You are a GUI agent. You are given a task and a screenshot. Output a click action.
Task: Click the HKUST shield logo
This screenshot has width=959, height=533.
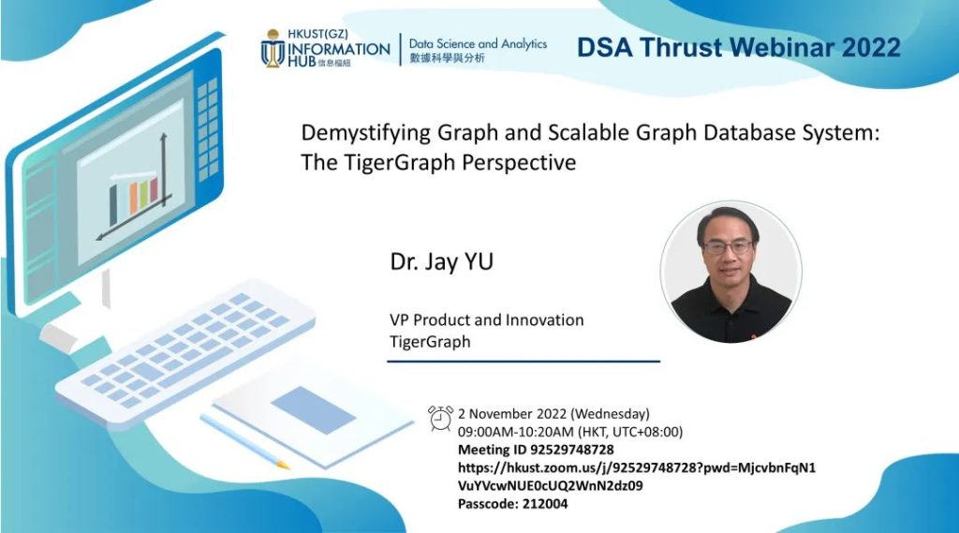[x=273, y=49]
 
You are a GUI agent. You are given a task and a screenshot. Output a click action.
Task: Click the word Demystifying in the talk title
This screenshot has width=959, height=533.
[x=365, y=133]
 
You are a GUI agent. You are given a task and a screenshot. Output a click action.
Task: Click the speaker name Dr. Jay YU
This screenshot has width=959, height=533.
[x=442, y=262]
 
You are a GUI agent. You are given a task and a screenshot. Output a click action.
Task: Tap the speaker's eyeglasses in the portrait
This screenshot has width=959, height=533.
[x=727, y=247]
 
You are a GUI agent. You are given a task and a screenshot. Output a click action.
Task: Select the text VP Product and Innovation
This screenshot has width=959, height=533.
[x=487, y=320]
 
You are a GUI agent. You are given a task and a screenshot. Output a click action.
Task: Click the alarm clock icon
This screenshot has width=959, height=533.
[x=440, y=418]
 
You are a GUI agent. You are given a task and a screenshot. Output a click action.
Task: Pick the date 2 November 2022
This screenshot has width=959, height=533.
[x=512, y=414]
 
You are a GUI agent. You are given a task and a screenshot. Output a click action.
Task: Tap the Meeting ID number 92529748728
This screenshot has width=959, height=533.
[x=572, y=450]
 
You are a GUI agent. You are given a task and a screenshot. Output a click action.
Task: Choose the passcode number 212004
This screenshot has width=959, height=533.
[x=545, y=504]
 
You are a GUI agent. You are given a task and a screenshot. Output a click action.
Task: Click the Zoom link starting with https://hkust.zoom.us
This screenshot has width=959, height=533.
[x=637, y=477]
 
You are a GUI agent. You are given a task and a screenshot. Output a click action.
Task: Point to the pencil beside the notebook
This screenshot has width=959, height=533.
[x=244, y=442]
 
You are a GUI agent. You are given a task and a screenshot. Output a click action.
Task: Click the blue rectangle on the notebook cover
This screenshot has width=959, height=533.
[x=314, y=410]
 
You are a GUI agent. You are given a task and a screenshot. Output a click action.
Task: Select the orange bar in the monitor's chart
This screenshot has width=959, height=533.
[x=133, y=199]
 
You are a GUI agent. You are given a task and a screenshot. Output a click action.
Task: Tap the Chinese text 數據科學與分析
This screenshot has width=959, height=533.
[x=447, y=58]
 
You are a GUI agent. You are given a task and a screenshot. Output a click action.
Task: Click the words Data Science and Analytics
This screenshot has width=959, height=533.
[x=478, y=44]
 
